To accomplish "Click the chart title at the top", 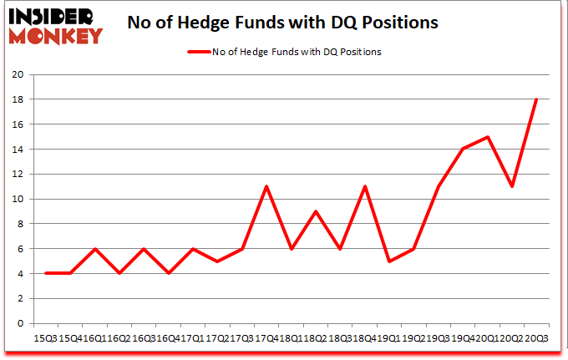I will point(282,23).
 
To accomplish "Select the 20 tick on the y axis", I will point(17,74).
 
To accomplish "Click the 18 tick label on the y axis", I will point(17,99).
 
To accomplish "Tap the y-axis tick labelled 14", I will point(17,150).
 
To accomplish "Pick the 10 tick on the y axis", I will point(17,199).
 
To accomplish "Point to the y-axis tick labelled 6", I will point(20,249).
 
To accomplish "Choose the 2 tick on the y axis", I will point(20,298).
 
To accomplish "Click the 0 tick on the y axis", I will point(20,323).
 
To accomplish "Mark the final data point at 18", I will point(535,99).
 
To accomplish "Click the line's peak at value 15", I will point(486,137).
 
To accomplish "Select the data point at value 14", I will point(462,150).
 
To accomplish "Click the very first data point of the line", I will point(45,273).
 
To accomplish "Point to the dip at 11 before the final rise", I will point(511,186).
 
